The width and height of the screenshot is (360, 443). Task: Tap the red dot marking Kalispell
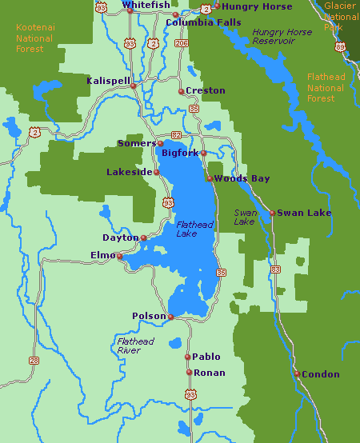click(134, 86)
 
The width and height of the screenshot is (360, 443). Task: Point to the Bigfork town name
click(180, 152)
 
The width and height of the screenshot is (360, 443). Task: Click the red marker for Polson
click(170, 317)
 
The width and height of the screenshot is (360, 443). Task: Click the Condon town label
click(321, 374)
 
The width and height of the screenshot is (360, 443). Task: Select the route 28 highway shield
click(34, 360)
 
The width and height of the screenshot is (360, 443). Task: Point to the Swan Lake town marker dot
click(272, 213)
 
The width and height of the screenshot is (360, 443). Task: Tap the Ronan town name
click(210, 373)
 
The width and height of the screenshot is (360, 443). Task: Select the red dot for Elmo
click(119, 257)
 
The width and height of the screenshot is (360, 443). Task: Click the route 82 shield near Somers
click(176, 136)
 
